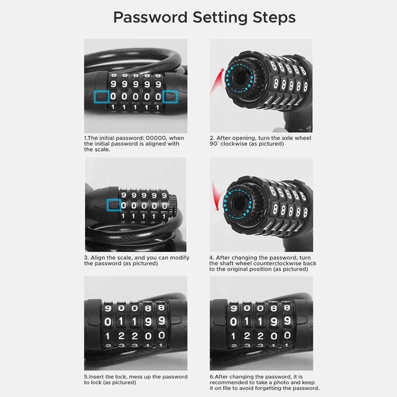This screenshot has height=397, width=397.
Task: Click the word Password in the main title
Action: [x=150, y=17]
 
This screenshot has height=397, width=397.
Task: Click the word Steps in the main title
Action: [x=274, y=17]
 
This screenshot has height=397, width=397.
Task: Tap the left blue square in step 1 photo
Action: [x=101, y=97]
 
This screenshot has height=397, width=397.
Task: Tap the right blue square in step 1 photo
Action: [x=170, y=97]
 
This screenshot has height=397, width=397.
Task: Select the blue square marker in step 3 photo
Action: [x=114, y=205]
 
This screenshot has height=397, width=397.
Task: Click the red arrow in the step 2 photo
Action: [x=216, y=81]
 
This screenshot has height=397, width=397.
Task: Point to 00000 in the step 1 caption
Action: [x=156, y=138]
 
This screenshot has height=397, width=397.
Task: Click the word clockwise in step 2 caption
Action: [x=234, y=144]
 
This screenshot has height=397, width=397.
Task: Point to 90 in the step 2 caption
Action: [x=214, y=144]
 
